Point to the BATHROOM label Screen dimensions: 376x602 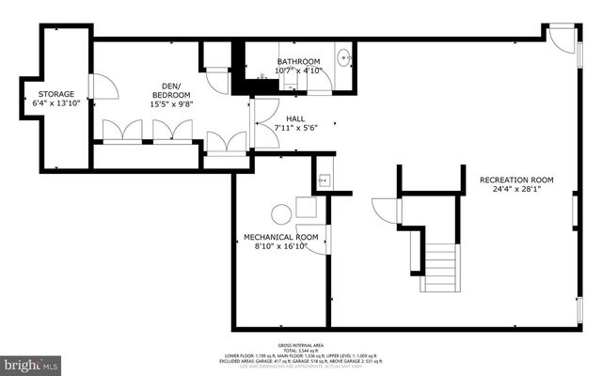pyautogui.click(x=298, y=60)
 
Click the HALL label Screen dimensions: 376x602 pyautogui.click(x=295, y=118)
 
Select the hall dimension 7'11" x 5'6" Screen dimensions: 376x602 pyautogui.click(x=295, y=128)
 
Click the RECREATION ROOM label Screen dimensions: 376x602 pyautogui.click(x=515, y=180)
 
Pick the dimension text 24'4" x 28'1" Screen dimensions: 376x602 pyautogui.click(x=515, y=190)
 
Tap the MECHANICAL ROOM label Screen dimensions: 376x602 pyautogui.click(x=280, y=236)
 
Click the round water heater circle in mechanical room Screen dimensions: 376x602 pyautogui.click(x=281, y=213)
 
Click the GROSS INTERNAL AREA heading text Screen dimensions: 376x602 pyautogui.click(x=299, y=344)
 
